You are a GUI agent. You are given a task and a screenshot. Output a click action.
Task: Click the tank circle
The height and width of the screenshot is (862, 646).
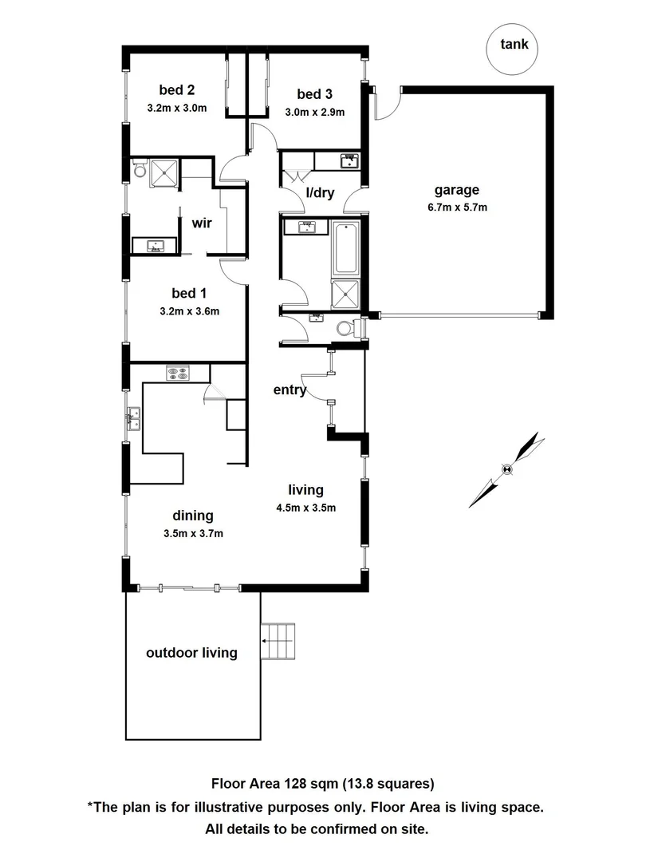(x=513, y=45)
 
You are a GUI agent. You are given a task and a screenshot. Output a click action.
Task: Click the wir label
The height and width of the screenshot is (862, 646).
(x=201, y=223)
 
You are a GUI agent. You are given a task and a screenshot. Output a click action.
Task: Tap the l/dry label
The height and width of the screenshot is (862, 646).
(x=319, y=194)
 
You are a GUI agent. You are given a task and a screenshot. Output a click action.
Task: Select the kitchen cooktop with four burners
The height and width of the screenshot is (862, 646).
(x=176, y=371)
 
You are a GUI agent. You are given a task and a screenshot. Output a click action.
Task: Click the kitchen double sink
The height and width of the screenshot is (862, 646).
(x=132, y=416)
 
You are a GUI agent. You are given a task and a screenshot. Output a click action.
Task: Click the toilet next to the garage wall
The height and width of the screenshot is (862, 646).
(x=348, y=327)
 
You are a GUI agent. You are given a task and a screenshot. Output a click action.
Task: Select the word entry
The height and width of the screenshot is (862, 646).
(x=290, y=389)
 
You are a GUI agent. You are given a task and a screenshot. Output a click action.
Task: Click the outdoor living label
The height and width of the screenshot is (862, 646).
(x=191, y=653)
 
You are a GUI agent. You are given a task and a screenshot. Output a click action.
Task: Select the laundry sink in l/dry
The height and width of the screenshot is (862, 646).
(x=349, y=161)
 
